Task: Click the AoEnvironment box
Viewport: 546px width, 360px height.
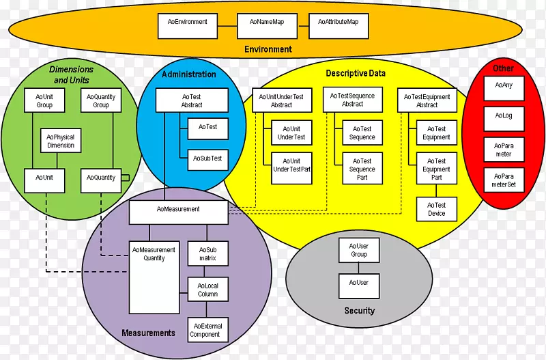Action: coord(187,25)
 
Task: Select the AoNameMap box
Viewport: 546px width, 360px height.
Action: coord(263,25)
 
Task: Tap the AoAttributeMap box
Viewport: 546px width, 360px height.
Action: coord(339,25)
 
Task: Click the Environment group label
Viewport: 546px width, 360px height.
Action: coord(268,49)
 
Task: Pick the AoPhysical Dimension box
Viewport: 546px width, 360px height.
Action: coord(61,141)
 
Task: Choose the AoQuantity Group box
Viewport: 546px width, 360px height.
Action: coord(101,101)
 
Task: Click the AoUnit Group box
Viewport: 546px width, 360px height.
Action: coord(44,101)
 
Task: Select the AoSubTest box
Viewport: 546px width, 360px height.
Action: coord(207,158)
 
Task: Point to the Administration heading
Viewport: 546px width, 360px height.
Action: coord(189,74)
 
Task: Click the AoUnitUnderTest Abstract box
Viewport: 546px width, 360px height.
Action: coord(281,100)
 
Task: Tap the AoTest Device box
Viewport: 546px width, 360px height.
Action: coord(436,209)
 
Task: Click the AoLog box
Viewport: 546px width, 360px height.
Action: coord(504,116)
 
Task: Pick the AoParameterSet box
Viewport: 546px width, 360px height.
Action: coord(504,180)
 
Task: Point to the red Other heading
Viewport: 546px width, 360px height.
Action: coord(504,68)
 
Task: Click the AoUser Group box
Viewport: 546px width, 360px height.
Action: coord(358,250)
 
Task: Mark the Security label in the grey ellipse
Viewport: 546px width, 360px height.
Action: coord(360,311)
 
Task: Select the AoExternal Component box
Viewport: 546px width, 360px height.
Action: coord(205,330)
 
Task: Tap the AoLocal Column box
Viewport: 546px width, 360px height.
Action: coord(207,290)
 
